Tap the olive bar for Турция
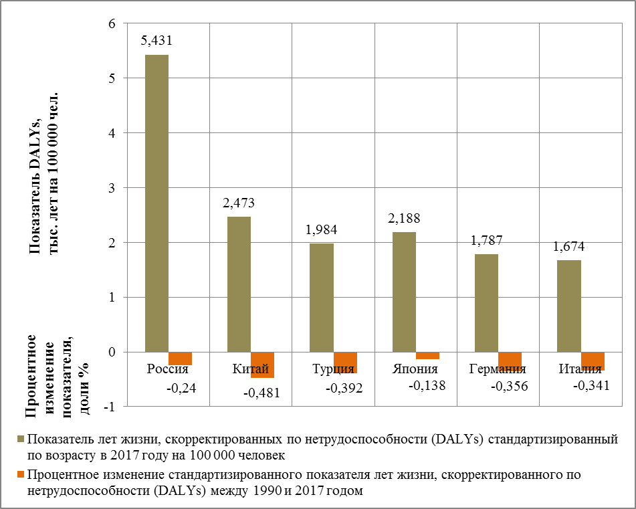pos(322,298)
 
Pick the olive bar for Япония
pos(405,292)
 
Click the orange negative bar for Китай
pos(262,365)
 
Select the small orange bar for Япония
pos(427,356)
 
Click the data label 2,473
pos(239,203)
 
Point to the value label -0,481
pos(261,393)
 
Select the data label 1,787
pos(487,240)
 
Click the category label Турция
pos(333,369)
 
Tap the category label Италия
pos(580,369)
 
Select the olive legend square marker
pos(21,439)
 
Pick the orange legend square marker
pos(21,475)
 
